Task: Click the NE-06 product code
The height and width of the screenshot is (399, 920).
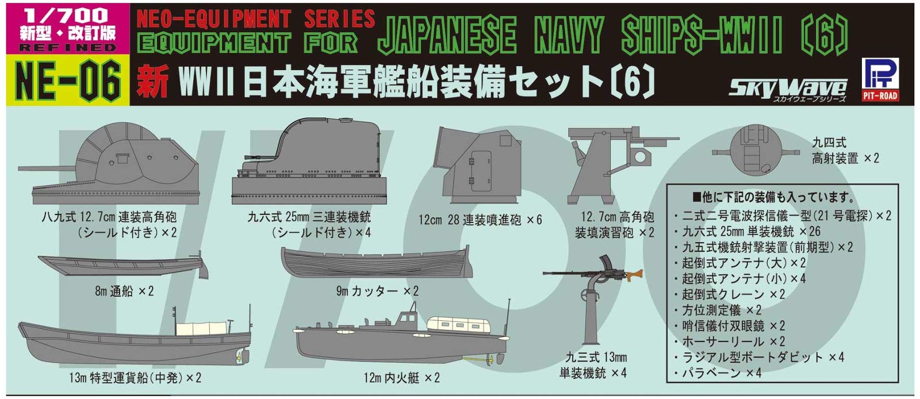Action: [68, 80]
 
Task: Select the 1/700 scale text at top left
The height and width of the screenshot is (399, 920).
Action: [63, 16]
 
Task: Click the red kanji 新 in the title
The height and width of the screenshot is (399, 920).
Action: [153, 82]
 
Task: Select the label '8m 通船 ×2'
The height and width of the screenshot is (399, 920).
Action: [124, 291]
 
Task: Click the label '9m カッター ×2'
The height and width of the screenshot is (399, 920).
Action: [377, 291]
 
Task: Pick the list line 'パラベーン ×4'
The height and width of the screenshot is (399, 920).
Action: [721, 373]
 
